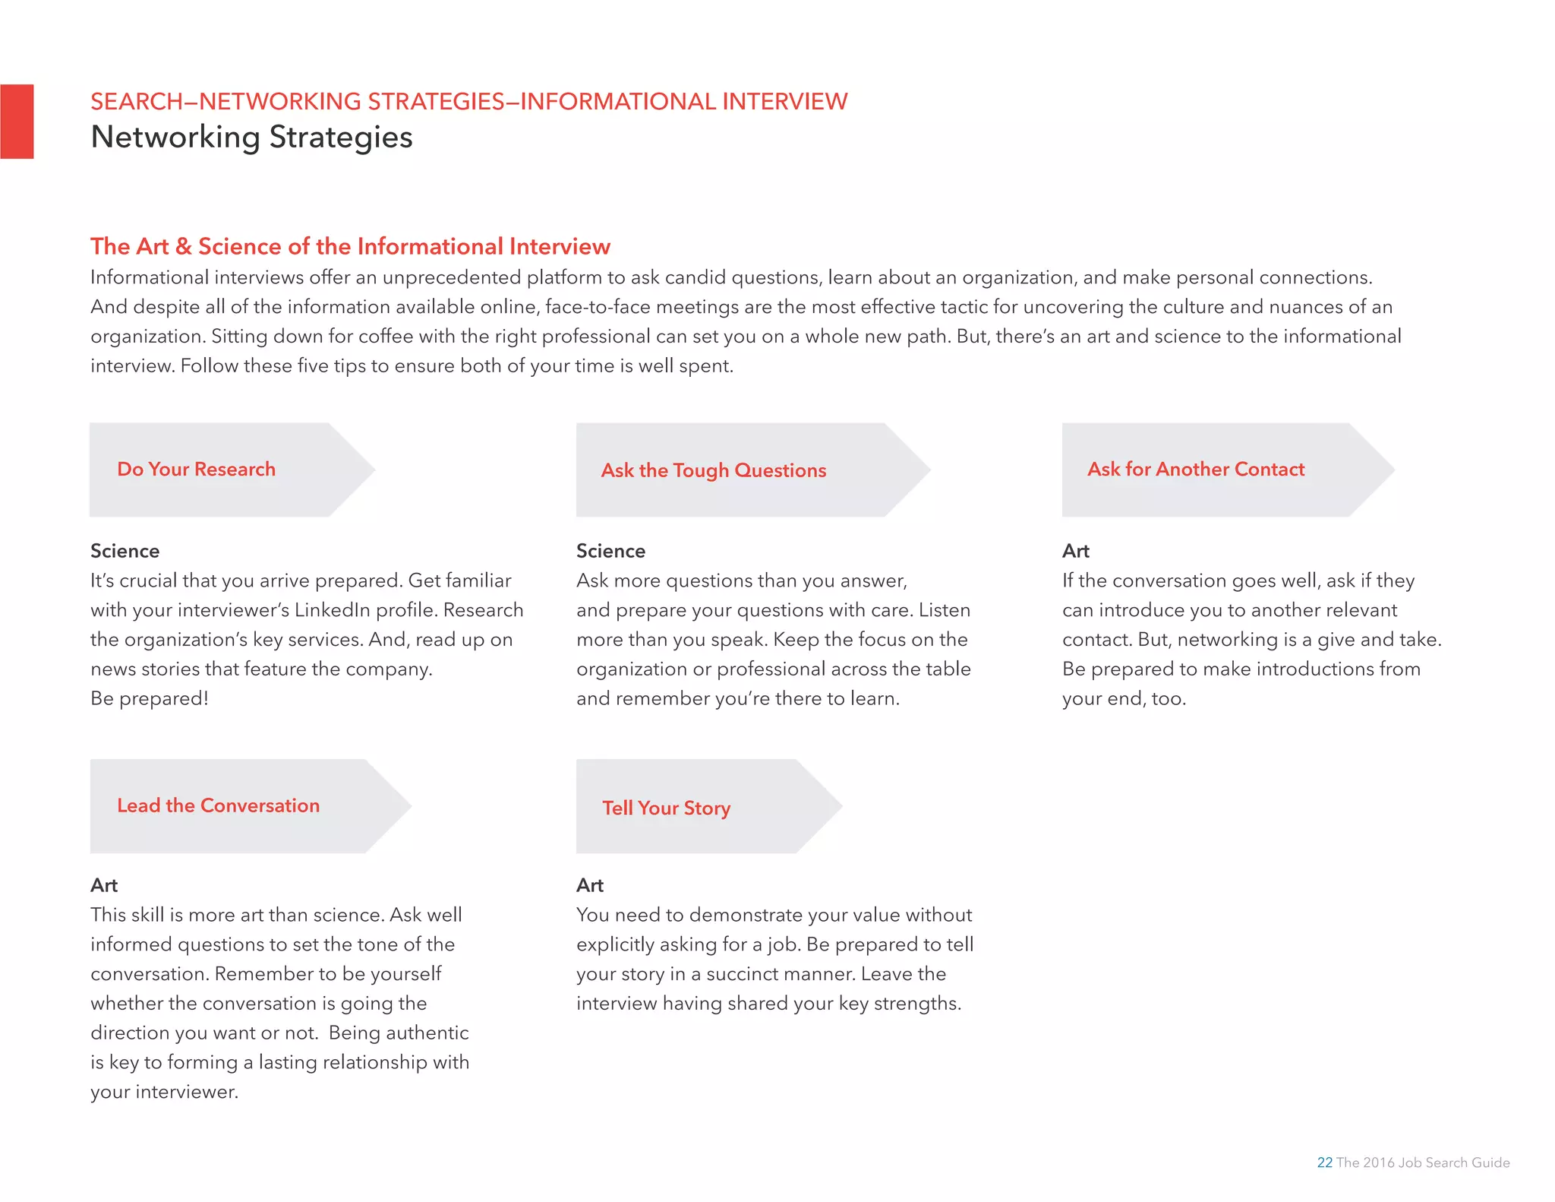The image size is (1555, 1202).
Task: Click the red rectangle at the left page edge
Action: coord(17,122)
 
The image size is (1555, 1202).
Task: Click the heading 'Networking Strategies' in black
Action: coord(251,138)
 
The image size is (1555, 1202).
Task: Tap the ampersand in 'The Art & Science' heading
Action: coord(183,246)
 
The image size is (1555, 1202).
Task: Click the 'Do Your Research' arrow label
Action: coord(196,470)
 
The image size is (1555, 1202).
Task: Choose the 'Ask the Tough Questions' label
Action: coord(713,470)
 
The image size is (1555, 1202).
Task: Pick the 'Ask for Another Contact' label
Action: coord(1195,470)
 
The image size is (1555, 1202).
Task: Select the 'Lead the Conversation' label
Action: coord(218,805)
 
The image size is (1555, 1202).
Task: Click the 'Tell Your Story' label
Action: coord(666,808)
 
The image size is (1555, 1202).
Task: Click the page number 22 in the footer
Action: coord(1324,1162)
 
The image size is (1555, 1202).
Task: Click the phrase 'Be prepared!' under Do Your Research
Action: coord(149,698)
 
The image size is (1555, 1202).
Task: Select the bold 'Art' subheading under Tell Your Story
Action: coord(589,885)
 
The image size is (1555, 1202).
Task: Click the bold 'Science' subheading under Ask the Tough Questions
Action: coord(610,551)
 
